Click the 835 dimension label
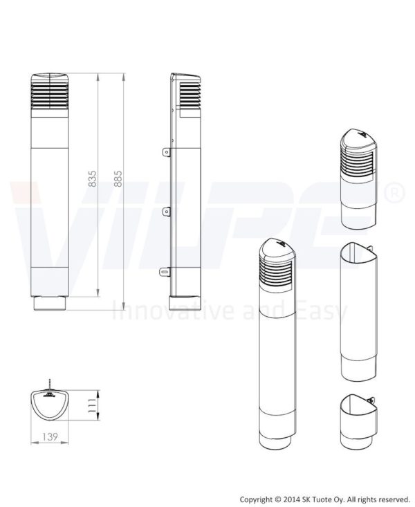tap(92, 178)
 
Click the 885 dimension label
tap(118, 178)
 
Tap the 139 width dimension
tap(50, 437)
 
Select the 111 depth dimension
tap(93, 405)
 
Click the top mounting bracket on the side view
tap(166, 152)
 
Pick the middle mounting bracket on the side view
tap(166, 212)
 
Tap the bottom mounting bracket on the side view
tap(165, 272)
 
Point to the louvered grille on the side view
tap(190, 95)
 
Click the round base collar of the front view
tap(50, 303)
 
